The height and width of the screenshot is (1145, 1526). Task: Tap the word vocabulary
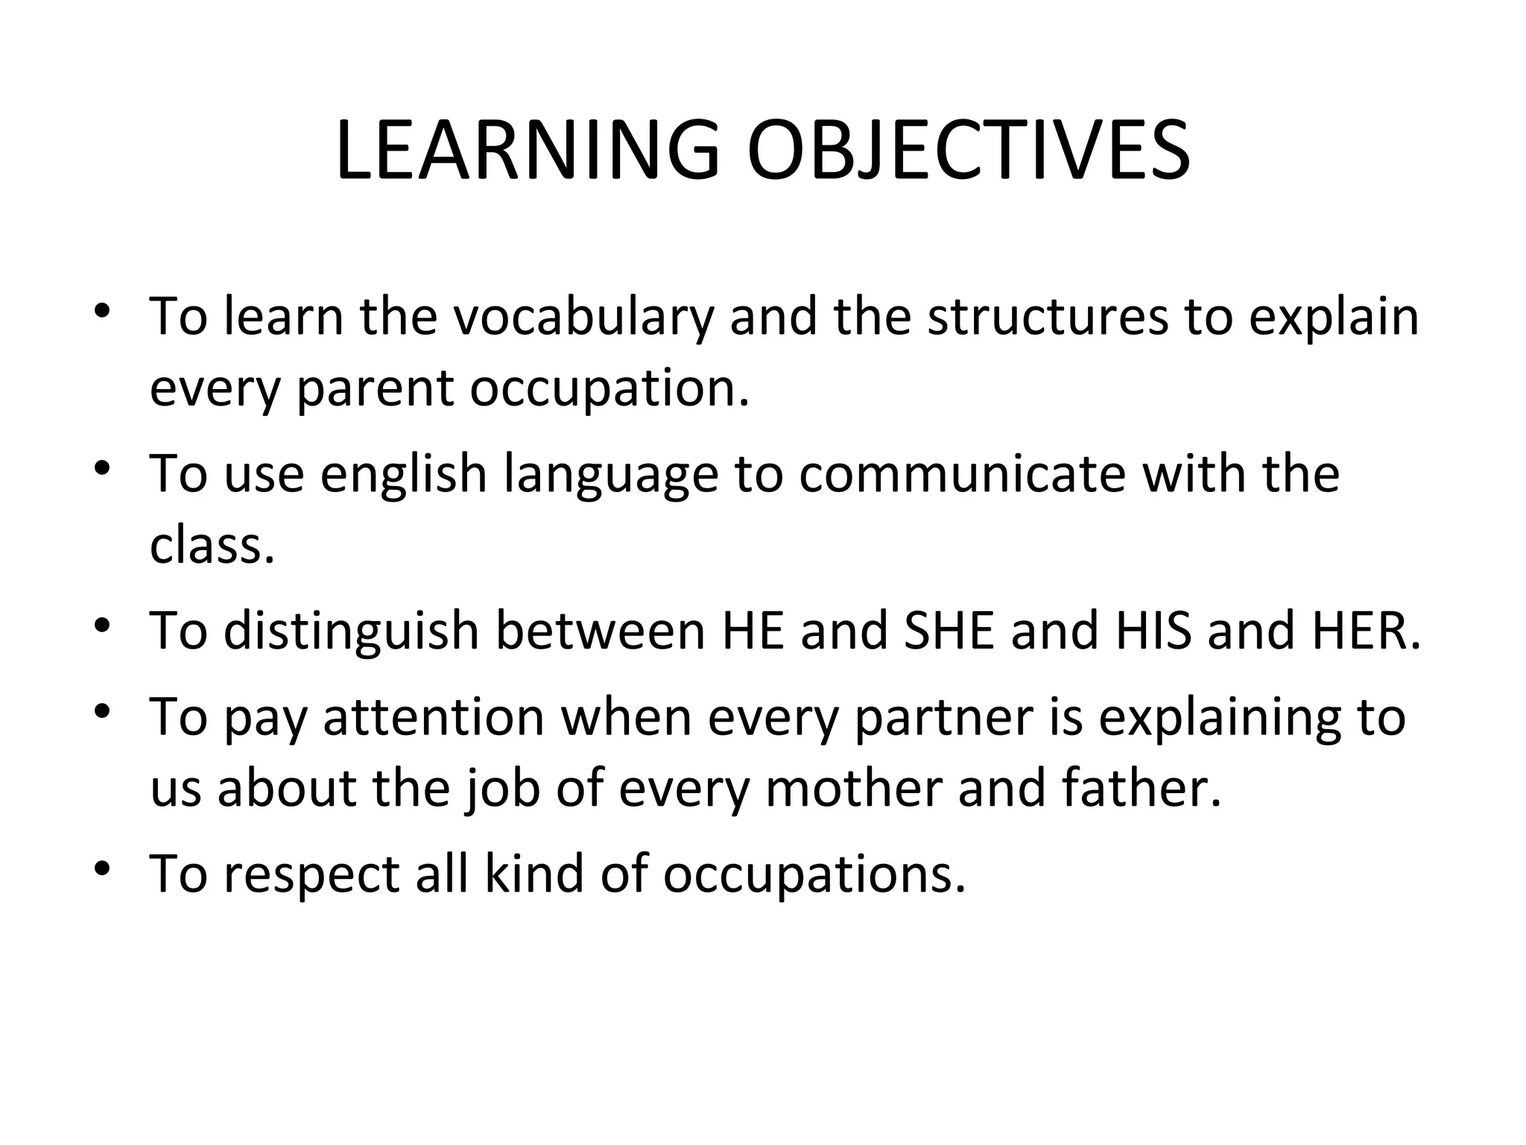click(583, 318)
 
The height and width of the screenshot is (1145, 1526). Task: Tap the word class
click(212, 546)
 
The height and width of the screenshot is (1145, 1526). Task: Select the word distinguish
click(351, 631)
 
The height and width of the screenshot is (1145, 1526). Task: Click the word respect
click(312, 874)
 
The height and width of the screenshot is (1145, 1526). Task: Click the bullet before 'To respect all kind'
click(103, 869)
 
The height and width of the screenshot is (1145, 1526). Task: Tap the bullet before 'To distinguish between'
click(103, 625)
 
